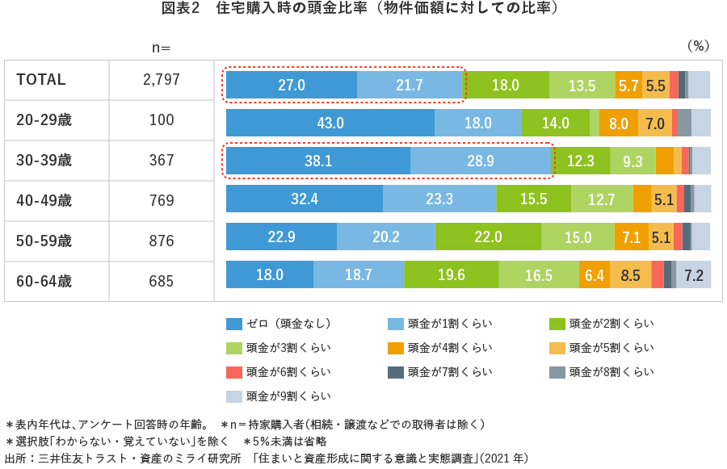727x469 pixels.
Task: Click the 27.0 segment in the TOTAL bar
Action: click(291, 85)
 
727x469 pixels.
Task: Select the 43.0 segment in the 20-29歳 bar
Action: click(330, 123)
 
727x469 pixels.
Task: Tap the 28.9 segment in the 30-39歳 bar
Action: click(480, 161)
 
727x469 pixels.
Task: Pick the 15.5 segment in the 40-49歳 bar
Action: click(533, 199)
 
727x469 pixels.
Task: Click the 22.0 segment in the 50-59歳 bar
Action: click(488, 237)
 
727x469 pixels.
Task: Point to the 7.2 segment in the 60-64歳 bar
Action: click(694, 274)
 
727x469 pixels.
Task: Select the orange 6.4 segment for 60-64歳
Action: click(594, 274)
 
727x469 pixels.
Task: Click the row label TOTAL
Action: click(41, 80)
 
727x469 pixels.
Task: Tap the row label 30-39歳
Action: click(44, 161)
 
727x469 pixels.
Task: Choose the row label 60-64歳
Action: click(44, 282)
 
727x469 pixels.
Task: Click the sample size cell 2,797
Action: click(162, 80)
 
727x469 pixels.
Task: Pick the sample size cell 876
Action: click(162, 241)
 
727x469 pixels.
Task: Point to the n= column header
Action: click(162, 48)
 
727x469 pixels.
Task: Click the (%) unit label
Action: click(697, 45)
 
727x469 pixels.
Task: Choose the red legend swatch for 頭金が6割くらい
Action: click(234, 372)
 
